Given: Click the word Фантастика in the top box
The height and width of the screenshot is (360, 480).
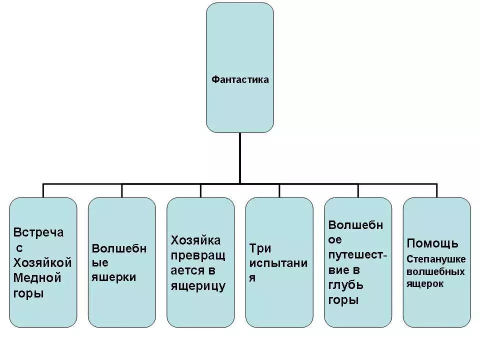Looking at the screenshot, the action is (240, 79).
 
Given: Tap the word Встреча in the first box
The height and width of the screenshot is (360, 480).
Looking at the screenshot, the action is (38, 232).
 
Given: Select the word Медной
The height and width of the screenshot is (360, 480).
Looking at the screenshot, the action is (37, 278).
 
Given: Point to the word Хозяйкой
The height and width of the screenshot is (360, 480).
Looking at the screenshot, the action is (42, 262).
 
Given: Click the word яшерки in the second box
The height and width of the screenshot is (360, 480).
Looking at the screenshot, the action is (113, 277).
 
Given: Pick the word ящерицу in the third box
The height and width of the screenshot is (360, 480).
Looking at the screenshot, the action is (198, 286).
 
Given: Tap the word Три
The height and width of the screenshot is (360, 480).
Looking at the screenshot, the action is (260, 248).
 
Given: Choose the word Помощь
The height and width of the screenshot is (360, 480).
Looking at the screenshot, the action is (432, 243).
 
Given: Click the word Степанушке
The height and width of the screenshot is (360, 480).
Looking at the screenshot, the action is (436, 259).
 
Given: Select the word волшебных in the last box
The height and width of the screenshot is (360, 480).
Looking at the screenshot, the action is (435, 271).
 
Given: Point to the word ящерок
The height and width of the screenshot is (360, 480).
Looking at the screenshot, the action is (425, 284).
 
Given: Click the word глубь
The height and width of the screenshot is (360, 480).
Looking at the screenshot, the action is (345, 285).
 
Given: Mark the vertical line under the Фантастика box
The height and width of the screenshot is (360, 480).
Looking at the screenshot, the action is (239, 158).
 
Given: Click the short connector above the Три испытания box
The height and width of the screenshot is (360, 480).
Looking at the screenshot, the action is (279, 190).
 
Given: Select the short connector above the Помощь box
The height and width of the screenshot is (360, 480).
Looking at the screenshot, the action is (436, 190).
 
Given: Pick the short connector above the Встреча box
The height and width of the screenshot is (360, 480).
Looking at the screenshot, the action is (43, 190).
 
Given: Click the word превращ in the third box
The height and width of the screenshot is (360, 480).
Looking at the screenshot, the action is (198, 256).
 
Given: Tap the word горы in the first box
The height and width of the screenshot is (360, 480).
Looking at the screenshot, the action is (28, 293).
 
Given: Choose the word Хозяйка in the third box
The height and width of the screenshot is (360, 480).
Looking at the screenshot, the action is (195, 240).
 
